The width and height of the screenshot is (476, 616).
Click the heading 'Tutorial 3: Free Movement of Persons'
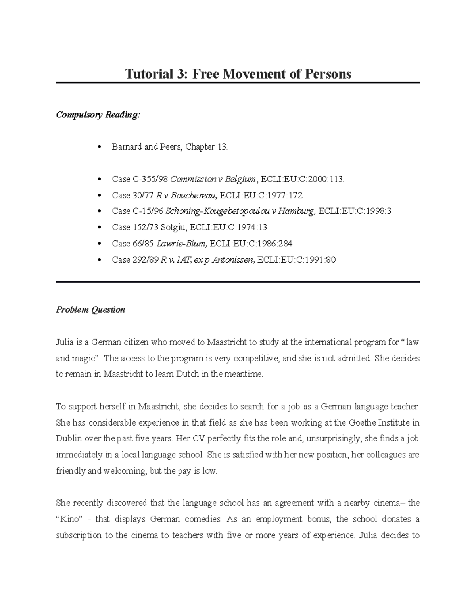pos(238,74)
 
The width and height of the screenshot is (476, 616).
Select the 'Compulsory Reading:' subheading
pos(98,115)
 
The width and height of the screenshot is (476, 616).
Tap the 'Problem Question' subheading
pos(90,310)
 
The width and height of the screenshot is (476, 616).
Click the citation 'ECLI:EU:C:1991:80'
pos(296,260)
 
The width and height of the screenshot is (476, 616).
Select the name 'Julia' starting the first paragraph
pos(64,342)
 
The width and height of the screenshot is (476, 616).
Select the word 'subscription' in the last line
pos(79,535)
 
